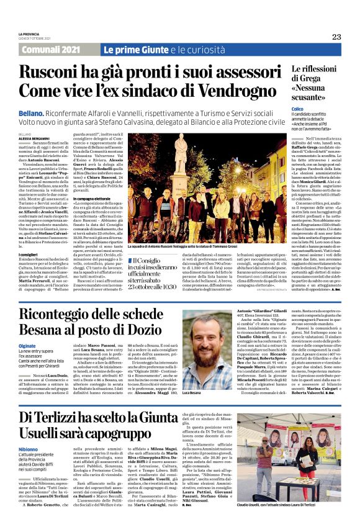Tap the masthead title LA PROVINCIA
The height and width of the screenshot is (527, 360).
pyautogui.click(x=29, y=34)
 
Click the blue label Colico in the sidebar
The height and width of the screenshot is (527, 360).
pyautogui.click(x=297, y=109)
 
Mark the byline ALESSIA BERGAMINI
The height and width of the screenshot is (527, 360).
pyautogui.click(x=31, y=138)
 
